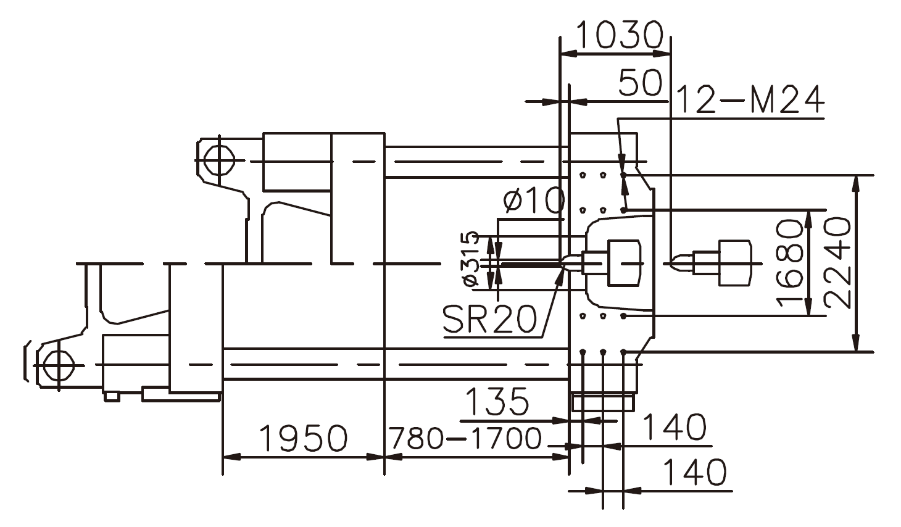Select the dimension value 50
pos(640,83)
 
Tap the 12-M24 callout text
pos(750,100)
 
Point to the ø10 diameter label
pos(533,201)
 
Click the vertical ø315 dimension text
pos(471,259)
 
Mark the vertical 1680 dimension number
pos(789,263)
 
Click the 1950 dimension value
pos(302,439)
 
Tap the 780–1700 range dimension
pos(465,439)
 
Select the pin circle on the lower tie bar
pos(58,365)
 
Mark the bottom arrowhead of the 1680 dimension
pos(808,308)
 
